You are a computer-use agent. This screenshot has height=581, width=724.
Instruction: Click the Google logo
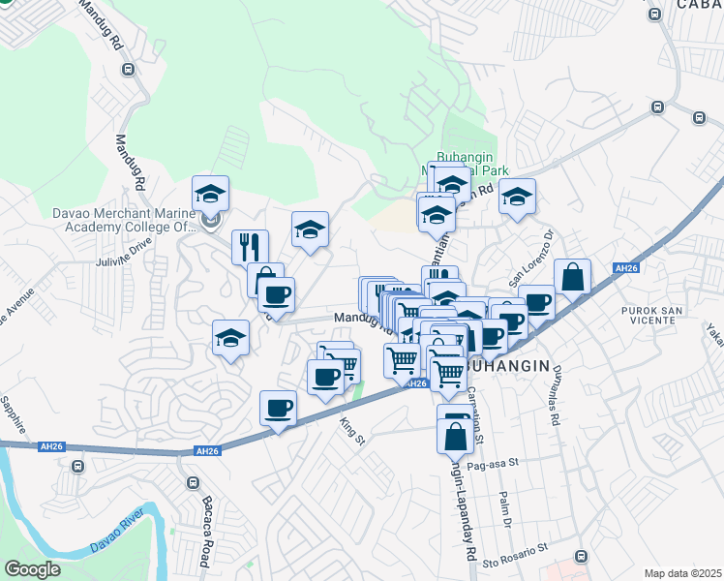coord(32,569)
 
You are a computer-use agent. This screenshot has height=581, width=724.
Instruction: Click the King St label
coord(351,427)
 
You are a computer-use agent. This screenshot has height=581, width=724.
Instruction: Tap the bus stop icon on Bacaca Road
coord(192,482)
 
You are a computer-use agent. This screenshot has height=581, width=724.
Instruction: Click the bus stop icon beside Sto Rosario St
coord(581,557)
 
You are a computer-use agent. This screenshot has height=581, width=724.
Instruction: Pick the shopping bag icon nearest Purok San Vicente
coord(572,277)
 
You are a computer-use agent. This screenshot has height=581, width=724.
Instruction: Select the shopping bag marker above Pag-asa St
coord(455,435)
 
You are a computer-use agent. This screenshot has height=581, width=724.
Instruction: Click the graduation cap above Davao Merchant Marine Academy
coord(210,194)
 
